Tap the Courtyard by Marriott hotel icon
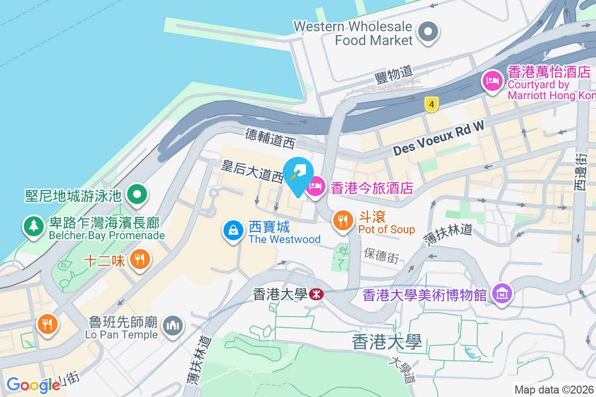coord(492,80)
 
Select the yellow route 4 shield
coord(432,104)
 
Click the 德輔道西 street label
coord(270,138)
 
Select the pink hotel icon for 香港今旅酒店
coord(315,188)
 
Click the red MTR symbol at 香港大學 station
coord(315,295)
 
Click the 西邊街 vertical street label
coord(580,171)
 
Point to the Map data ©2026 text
coord(554,390)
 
